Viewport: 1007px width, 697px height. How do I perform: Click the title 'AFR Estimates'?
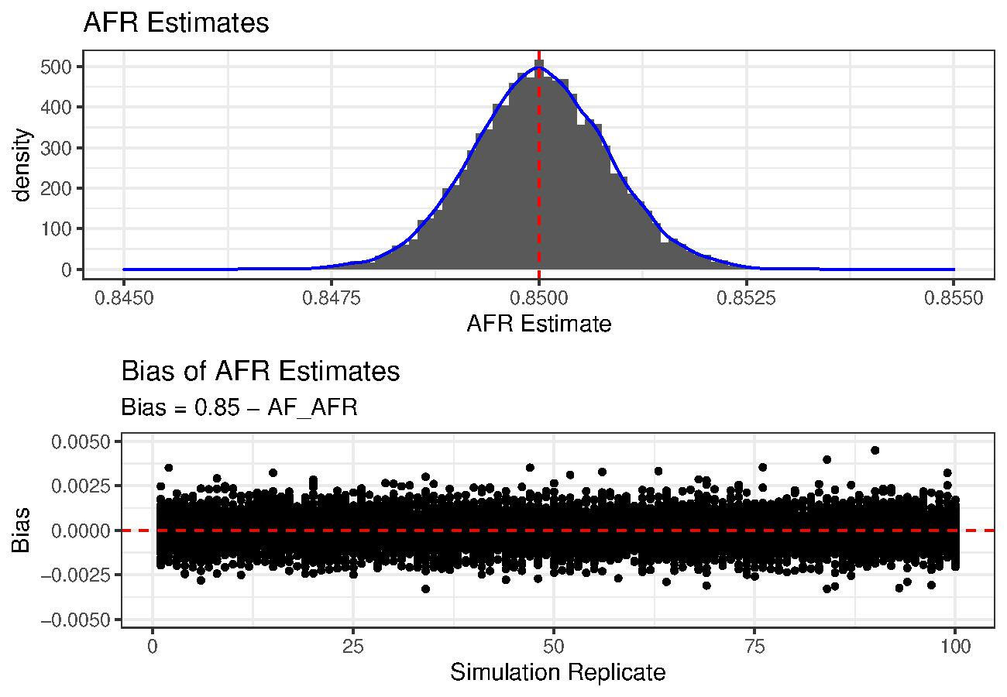pos(176,23)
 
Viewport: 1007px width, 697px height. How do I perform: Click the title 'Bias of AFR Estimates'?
pos(260,372)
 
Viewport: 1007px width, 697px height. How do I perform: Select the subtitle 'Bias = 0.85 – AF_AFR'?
pos(239,407)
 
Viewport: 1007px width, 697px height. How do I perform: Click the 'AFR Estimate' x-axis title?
pos(538,324)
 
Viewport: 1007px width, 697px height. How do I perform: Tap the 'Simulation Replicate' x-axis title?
pos(557,672)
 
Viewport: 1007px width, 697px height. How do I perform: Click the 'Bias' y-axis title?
pos(22,530)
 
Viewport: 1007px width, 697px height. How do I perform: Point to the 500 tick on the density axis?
pos(57,67)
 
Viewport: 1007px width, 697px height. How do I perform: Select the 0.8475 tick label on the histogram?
pos(331,299)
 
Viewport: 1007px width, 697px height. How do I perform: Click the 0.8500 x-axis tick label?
pos(538,299)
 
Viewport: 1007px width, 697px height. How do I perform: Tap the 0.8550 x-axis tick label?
pos(954,299)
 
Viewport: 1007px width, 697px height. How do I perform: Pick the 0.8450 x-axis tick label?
pos(123,299)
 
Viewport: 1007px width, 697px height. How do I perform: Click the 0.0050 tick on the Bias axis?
pos(82,441)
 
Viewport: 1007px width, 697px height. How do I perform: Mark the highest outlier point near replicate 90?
pos(875,450)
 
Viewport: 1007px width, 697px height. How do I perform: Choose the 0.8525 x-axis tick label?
pos(746,299)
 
